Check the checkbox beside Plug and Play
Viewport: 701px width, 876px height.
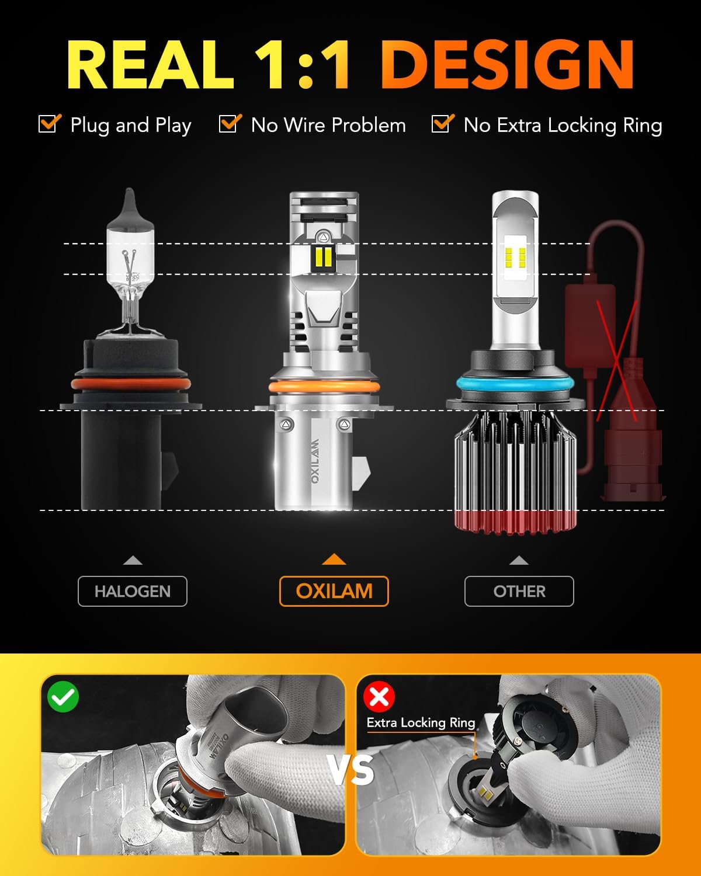pyautogui.click(x=49, y=124)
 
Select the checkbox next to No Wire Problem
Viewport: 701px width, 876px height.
pyautogui.click(x=230, y=124)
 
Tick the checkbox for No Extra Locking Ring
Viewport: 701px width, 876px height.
pyautogui.click(x=442, y=124)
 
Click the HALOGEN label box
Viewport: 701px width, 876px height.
pyautogui.click(x=133, y=591)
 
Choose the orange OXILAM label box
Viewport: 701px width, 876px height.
pyautogui.click(x=334, y=591)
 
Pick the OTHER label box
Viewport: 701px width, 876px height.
pyautogui.click(x=519, y=591)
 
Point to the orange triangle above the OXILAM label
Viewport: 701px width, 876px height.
pyautogui.click(x=334, y=559)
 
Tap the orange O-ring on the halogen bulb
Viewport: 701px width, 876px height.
pyautogui.click(x=131, y=384)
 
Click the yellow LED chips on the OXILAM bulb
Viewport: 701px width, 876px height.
pyautogui.click(x=323, y=255)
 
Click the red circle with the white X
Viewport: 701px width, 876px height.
pyautogui.click(x=379, y=696)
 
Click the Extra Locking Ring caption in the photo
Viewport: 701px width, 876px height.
pyautogui.click(x=421, y=722)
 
